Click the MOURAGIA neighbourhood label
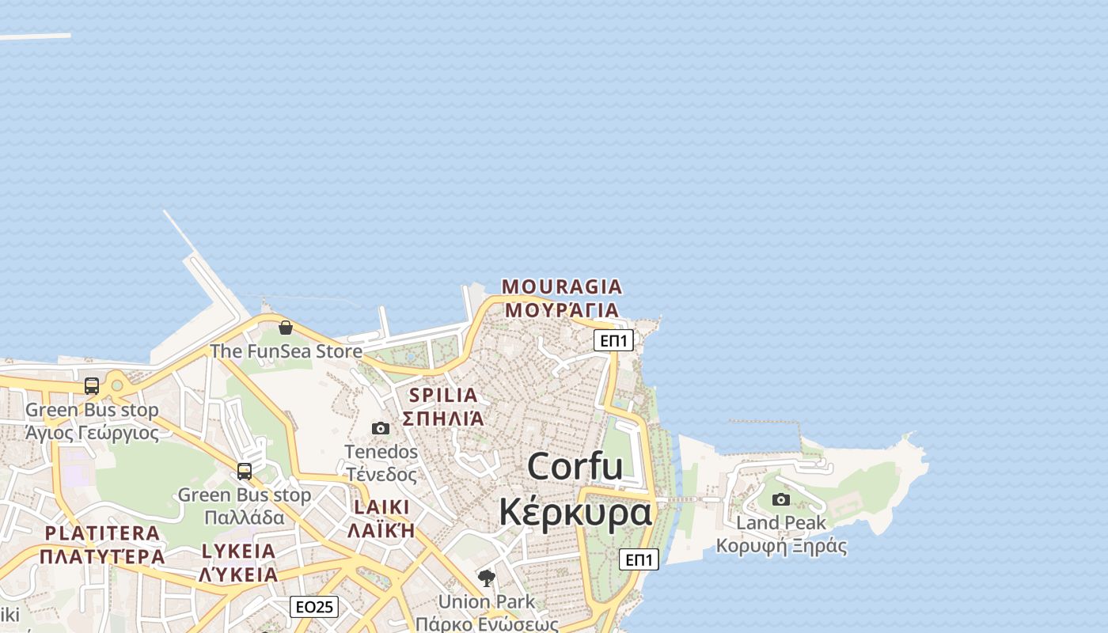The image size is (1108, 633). click(x=562, y=286)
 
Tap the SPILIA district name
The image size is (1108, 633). click(x=443, y=395)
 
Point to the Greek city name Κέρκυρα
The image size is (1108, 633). click(x=575, y=512)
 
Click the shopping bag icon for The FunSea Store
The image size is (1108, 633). click(x=286, y=328)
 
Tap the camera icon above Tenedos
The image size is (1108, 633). click(x=381, y=428)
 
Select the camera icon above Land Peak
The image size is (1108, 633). click(x=781, y=499)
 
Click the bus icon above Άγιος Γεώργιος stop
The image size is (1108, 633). click(x=92, y=386)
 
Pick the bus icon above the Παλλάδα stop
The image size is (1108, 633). click(x=245, y=472)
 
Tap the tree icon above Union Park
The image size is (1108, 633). click(x=487, y=578)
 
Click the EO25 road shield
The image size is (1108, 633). click(x=314, y=607)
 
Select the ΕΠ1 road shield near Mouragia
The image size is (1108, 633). click(x=613, y=340)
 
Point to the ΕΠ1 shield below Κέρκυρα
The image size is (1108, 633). click(x=639, y=559)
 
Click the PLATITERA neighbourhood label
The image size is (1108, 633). click(x=102, y=533)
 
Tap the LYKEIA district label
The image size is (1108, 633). click(x=238, y=551)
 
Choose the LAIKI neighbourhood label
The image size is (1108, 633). click(x=382, y=506)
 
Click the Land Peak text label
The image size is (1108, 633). click(x=781, y=523)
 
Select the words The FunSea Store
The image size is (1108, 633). click(x=286, y=351)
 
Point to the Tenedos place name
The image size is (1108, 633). click(x=381, y=452)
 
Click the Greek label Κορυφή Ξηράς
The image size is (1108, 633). click(x=781, y=546)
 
